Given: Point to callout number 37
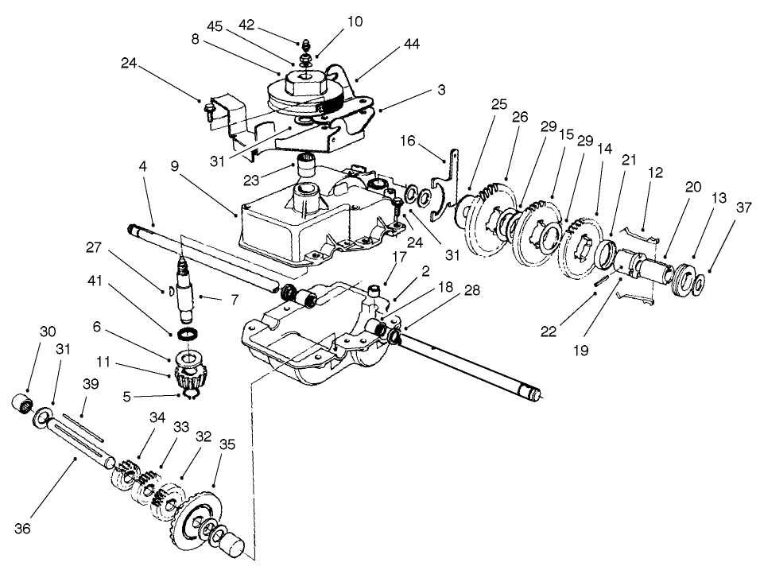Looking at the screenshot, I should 721,207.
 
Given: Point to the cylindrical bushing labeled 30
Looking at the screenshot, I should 21,402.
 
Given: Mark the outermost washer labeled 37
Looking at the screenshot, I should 697,283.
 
